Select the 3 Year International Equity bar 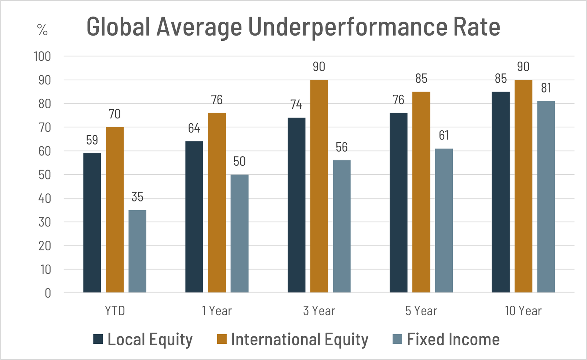[319, 186]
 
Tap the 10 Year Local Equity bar [500, 192]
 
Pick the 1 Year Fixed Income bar [239, 233]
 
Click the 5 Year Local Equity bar [398, 203]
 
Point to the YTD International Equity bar [114, 210]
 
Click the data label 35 [137, 197]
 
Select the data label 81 [546, 88]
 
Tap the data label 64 [194, 128]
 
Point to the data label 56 [342, 147]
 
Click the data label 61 [444, 135]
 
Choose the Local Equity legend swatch [98, 339]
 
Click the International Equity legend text [299, 339]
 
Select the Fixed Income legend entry [453, 339]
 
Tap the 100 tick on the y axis [42, 57]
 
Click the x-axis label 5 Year [421, 311]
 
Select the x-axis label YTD [115, 311]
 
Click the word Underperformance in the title [347, 27]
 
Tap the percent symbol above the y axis [42, 30]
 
